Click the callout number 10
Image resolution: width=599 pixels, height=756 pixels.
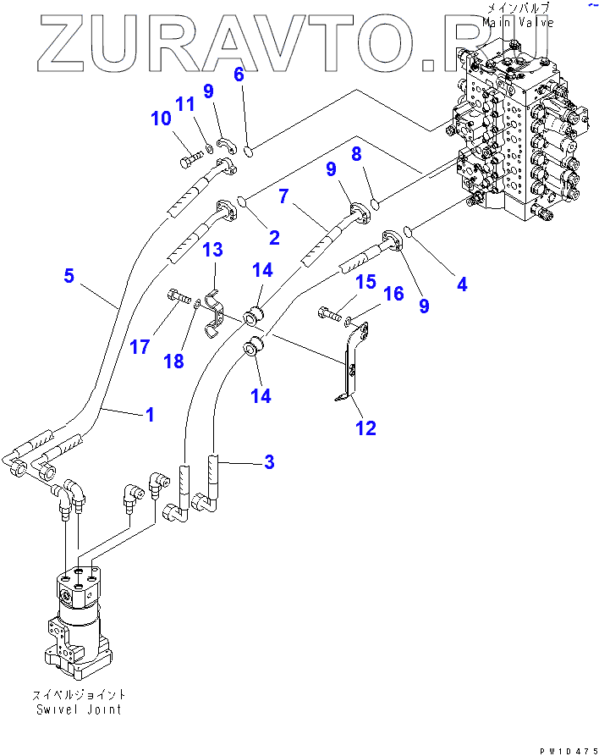(x=161, y=119)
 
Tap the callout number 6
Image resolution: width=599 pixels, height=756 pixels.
(x=239, y=74)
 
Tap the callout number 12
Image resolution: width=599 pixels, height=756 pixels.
(x=365, y=428)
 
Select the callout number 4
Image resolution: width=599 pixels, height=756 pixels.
(x=462, y=284)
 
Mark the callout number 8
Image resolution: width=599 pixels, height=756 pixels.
(x=356, y=153)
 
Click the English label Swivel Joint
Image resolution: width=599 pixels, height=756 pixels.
(x=78, y=709)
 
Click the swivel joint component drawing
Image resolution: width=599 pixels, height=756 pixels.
(x=78, y=618)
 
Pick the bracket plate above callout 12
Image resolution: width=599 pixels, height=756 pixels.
(x=351, y=360)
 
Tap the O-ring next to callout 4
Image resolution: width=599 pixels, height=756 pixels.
(x=407, y=231)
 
